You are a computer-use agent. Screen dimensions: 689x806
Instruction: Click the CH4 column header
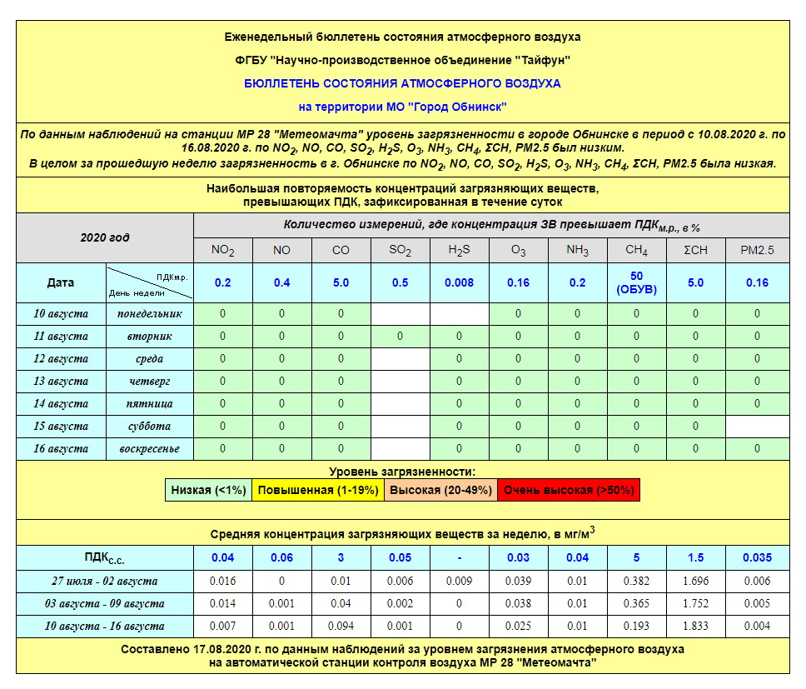click(x=636, y=250)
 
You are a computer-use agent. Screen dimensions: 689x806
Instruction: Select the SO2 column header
click(x=400, y=250)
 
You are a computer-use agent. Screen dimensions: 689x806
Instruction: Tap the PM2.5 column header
click(x=757, y=250)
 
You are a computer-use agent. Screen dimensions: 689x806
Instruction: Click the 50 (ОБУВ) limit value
click(x=636, y=282)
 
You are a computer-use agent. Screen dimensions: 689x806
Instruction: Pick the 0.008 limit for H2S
click(x=459, y=282)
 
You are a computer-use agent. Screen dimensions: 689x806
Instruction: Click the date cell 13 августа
click(x=61, y=382)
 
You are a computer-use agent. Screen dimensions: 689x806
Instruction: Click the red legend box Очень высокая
click(x=570, y=490)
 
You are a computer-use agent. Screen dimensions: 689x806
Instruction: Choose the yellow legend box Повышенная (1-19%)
click(x=318, y=490)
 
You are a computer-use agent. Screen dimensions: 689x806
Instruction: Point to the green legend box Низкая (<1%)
click(x=208, y=490)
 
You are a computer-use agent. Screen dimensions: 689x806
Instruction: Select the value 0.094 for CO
click(x=341, y=626)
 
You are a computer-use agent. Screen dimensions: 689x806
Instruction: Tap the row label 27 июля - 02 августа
click(x=105, y=581)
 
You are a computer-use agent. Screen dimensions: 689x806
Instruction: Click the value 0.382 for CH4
click(x=636, y=581)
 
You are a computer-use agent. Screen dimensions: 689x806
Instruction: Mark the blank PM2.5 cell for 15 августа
click(x=757, y=427)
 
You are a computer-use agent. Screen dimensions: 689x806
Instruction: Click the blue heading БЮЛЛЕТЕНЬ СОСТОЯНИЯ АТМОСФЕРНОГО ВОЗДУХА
click(x=402, y=83)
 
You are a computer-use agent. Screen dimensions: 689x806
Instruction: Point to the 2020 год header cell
click(x=105, y=237)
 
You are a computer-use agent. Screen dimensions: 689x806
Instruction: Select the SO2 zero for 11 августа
click(x=400, y=337)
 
